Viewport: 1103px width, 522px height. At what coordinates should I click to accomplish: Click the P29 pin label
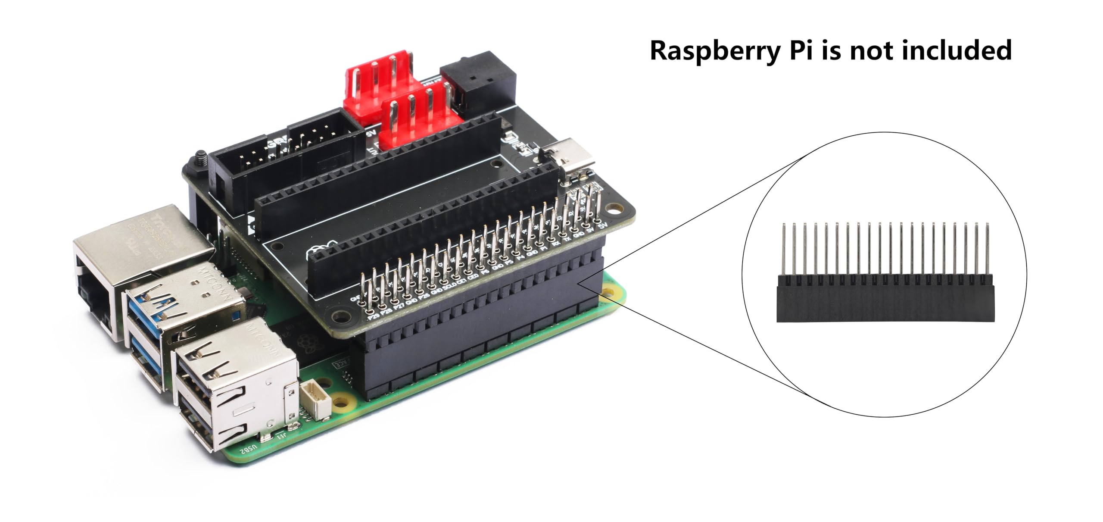pyautogui.click(x=374, y=317)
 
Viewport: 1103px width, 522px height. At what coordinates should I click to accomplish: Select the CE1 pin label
pyautogui.click(x=461, y=281)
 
